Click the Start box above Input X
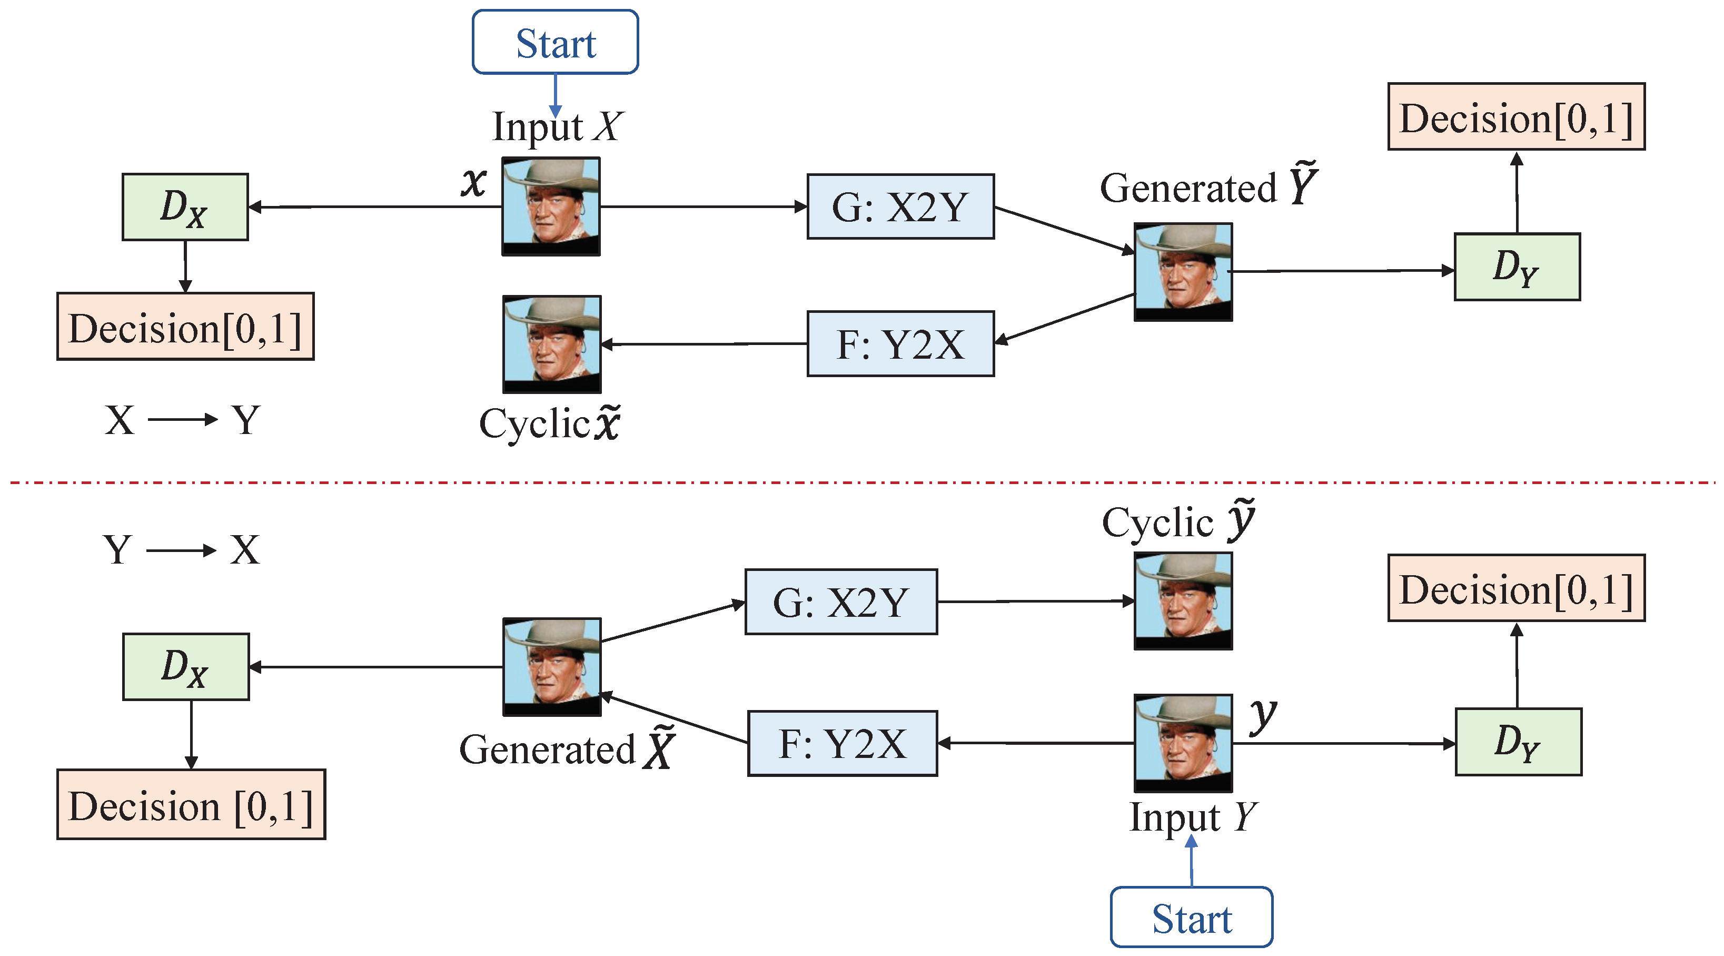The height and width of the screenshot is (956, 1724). tap(555, 42)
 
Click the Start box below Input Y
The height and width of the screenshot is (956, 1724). tap(1191, 917)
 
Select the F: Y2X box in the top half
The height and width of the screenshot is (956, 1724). tap(900, 344)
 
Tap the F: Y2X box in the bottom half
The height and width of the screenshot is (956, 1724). tap(842, 743)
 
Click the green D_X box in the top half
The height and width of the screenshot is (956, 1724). tap(185, 207)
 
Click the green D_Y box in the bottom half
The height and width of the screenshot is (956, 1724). tap(1518, 742)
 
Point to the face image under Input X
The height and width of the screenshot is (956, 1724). tap(551, 206)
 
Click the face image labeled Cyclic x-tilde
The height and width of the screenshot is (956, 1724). tap(551, 344)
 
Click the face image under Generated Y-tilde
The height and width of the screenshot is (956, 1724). tap(1183, 272)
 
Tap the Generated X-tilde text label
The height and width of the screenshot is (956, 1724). tap(566, 749)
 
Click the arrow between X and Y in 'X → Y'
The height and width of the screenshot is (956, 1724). tap(182, 420)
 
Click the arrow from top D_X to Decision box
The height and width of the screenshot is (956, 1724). tap(185, 266)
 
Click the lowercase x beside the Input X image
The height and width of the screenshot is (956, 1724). tap(474, 181)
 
